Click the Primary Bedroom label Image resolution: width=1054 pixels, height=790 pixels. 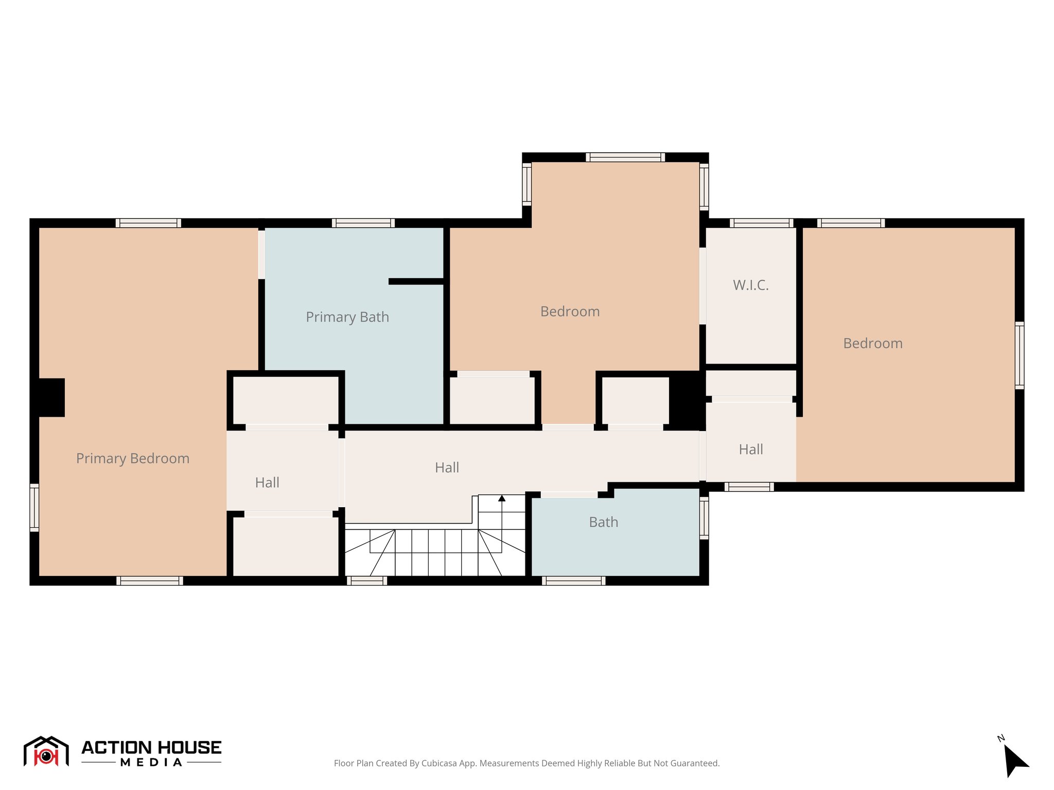[x=133, y=458]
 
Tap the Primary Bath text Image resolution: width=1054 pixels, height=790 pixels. [x=347, y=317]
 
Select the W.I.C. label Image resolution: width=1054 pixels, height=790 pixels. [x=751, y=285]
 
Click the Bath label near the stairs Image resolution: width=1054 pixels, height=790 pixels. [x=603, y=522]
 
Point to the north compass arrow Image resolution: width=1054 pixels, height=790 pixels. [x=1014, y=760]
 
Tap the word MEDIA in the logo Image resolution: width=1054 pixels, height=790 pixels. [x=151, y=763]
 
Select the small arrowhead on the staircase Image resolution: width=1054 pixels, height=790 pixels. [x=502, y=498]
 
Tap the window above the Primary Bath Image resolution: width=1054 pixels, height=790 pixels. [x=363, y=223]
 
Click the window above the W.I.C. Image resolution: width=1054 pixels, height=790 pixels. [x=761, y=223]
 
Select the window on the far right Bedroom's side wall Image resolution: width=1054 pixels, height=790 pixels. [x=1019, y=355]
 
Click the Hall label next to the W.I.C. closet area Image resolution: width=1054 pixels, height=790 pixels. [x=751, y=450]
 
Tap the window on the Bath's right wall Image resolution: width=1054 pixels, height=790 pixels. [x=704, y=517]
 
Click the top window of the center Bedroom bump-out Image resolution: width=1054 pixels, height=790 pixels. [x=625, y=157]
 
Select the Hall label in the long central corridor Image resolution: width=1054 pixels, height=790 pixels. [x=447, y=468]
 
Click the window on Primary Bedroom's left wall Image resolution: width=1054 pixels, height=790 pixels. [x=34, y=507]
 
